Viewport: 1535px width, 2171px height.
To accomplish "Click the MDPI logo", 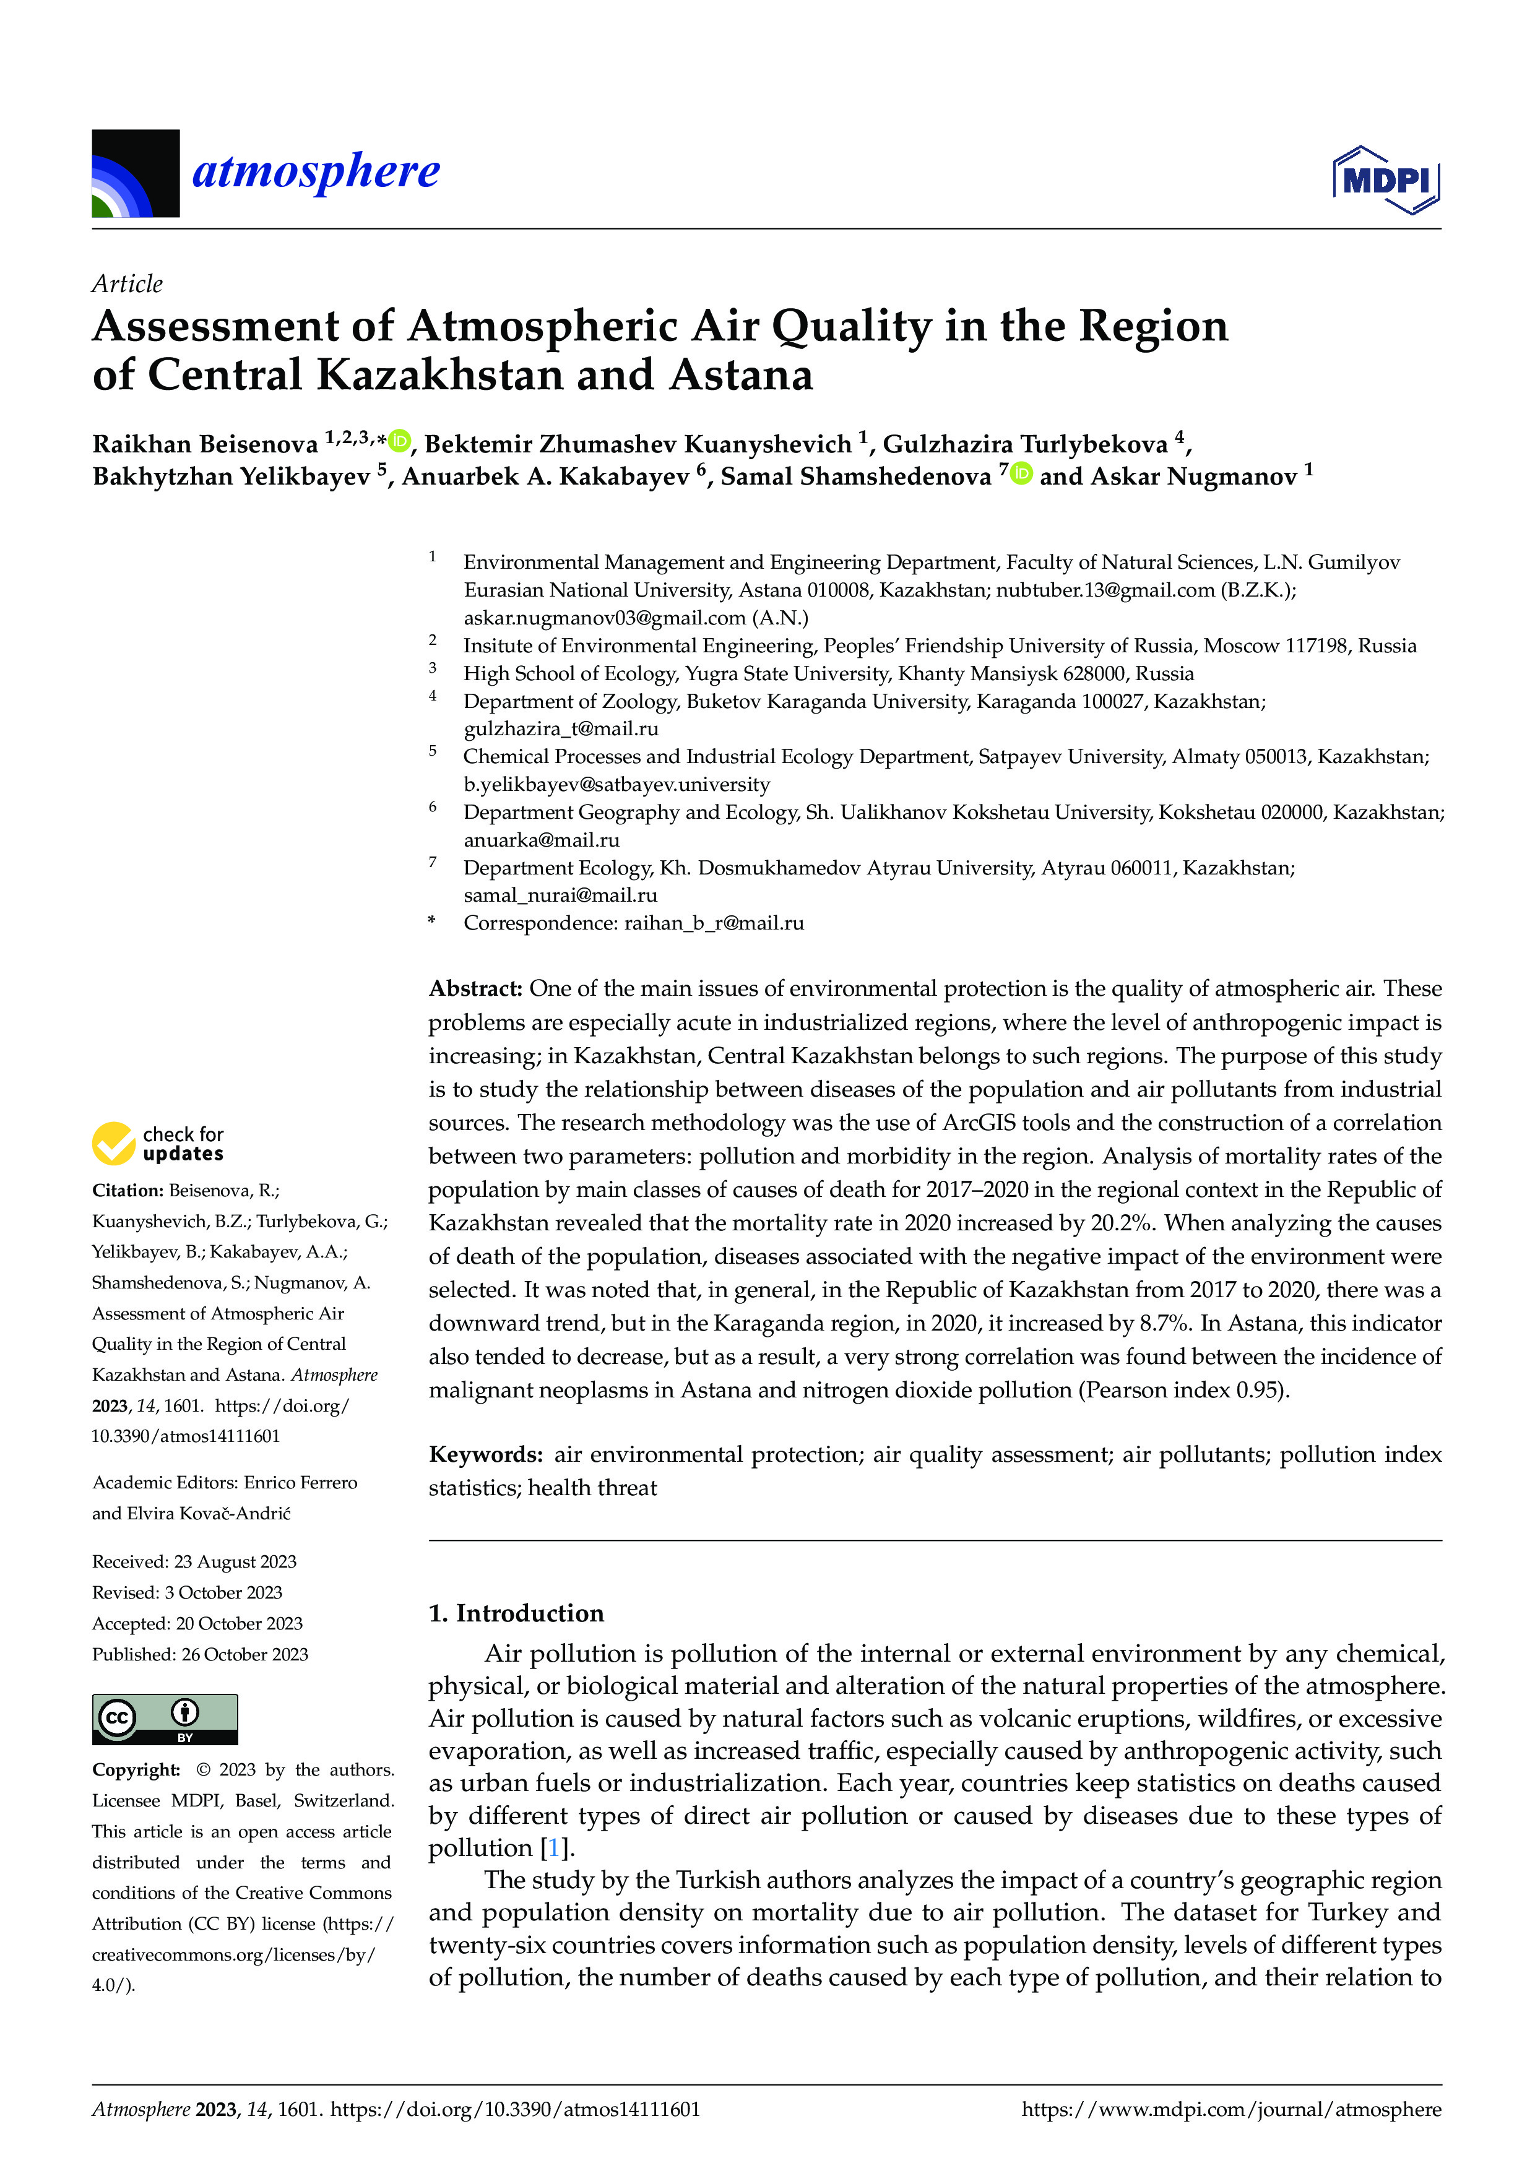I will (1386, 179).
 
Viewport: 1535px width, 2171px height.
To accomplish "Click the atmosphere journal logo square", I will (136, 174).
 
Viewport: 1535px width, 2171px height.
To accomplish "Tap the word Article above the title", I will (127, 283).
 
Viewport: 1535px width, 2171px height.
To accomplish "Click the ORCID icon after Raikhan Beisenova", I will (400, 441).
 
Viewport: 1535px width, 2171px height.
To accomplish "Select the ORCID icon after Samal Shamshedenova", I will (1021, 473).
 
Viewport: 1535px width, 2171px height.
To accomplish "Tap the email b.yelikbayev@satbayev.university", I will (616, 784).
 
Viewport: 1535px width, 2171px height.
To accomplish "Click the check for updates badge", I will (157, 1143).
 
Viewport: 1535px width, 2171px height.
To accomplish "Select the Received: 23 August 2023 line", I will (194, 1561).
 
